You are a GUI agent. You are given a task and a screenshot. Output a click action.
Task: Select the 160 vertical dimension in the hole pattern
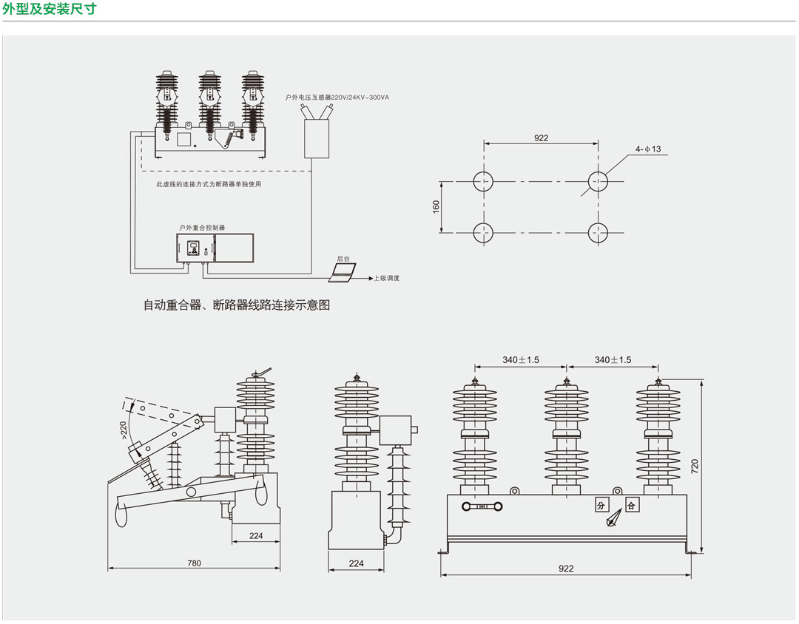(x=436, y=207)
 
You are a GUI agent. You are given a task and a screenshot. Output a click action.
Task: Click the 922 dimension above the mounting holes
(x=541, y=138)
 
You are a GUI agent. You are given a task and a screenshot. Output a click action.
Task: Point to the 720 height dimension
(x=695, y=466)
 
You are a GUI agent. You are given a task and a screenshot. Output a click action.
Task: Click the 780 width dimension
(x=193, y=563)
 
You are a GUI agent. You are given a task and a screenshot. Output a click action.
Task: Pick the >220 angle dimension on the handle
(x=122, y=429)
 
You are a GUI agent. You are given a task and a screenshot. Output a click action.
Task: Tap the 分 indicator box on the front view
(x=601, y=506)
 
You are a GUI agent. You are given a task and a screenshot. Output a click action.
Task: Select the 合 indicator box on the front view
(x=632, y=506)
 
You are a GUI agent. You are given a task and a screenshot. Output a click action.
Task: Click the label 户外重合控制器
(x=202, y=228)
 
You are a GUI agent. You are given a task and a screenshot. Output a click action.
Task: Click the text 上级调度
(x=386, y=278)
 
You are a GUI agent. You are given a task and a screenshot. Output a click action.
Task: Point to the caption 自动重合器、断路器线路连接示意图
(x=237, y=305)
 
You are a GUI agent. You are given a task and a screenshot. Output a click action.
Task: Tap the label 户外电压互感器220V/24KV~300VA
(x=337, y=97)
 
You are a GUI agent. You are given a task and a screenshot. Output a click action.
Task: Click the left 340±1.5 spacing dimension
(x=521, y=360)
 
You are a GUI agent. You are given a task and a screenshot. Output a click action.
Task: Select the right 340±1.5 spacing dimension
(x=613, y=360)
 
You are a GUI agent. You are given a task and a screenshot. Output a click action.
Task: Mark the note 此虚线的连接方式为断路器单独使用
(x=209, y=184)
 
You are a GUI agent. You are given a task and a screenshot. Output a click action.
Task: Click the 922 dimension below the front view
(x=566, y=569)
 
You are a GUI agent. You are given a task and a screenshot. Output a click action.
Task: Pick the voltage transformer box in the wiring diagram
(x=317, y=136)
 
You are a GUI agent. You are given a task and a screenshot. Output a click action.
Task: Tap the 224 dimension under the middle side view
(x=356, y=563)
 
